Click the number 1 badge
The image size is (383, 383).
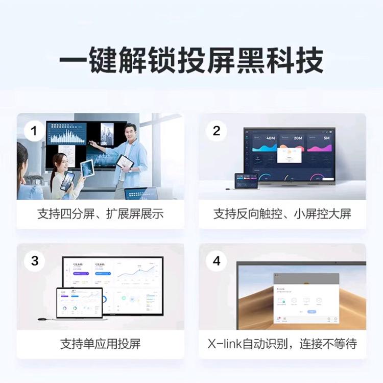coord(34,131)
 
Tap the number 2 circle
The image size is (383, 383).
coord(216,131)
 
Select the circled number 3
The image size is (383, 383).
coord(34,261)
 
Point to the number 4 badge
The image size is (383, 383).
coord(216,261)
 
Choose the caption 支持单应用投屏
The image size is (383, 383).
coord(100,343)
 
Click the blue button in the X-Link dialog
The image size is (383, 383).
coord(312,311)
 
